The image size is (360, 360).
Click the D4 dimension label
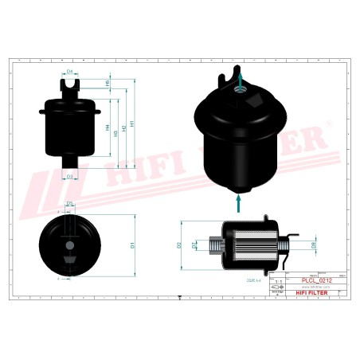pyautogui.click(x=69, y=72)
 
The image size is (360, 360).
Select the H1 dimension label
pyautogui.click(x=133, y=123)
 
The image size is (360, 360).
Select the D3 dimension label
pyautogui.click(x=69, y=176)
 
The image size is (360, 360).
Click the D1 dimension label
pyautogui.click(x=131, y=246)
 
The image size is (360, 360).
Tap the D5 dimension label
pyautogui.click(x=69, y=205)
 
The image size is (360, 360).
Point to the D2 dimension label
pyautogui.click(x=180, y=245)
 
